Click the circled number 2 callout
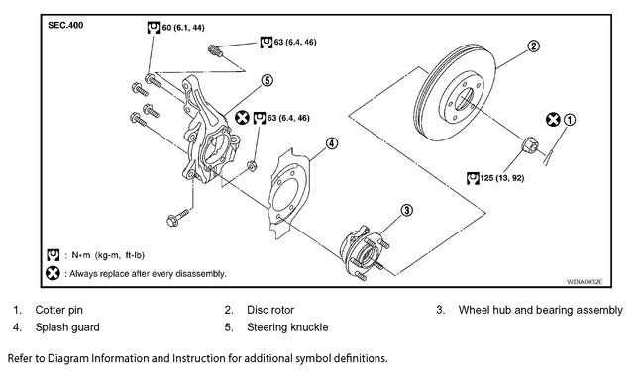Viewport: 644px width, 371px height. [x=533, y=46]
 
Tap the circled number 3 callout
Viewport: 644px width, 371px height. [x=406, y=211]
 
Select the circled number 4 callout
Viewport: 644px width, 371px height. [x=332, y=143]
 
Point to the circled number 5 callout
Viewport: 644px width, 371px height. [x=267, y=80]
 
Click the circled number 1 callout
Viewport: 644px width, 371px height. [x=570, y=120]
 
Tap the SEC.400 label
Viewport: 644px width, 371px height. [x=65, y=25]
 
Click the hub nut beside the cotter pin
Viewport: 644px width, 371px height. [x=529, y=145]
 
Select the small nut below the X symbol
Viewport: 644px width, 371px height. [x=252, y=166]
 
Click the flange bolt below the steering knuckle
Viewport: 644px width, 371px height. [x=177, y=218]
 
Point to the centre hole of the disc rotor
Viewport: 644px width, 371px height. [x=464, y=99]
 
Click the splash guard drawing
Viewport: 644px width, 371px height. [x=288, y=193]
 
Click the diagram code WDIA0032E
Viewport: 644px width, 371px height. [x=585, y=282]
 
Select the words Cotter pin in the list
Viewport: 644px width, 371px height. [x=59, y=310]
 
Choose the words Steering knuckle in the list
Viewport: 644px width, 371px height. [x=287, y=327]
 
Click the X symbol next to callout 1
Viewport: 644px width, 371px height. [x=553, y=120]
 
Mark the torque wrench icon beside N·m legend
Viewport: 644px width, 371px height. [x=53, y=255]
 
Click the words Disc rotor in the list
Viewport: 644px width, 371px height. [x=270, y=310]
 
